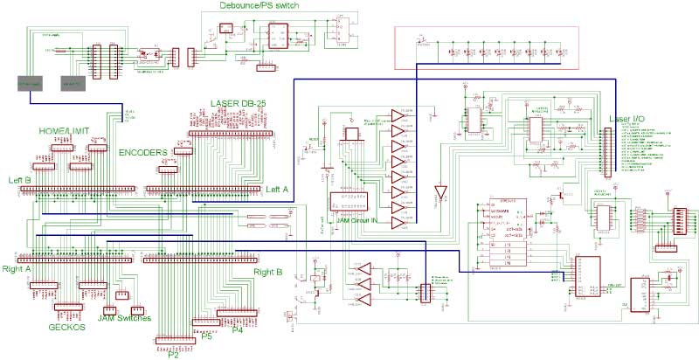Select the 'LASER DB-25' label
coord(239,103)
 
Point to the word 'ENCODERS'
coord(142,151)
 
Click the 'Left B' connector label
coord(20,180)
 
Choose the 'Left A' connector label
coord(277,189)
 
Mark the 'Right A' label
coord(17,269)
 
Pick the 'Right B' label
coord(267,273)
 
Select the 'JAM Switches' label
coord(124,320)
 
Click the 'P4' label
coord(236,329)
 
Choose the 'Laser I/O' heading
coord(627,118)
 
